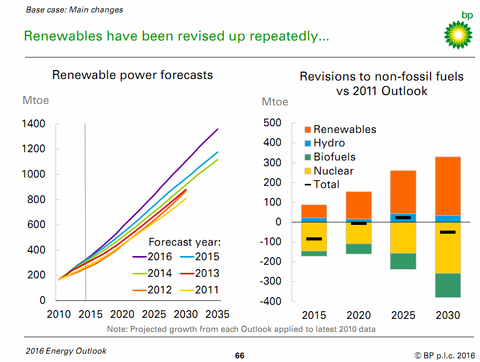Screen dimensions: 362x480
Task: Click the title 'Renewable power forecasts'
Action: pos(133,75)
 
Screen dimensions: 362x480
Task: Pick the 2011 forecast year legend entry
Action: pos(200,290)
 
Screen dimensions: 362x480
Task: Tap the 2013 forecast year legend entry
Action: pos(200,273)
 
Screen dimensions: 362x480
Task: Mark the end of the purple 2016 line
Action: pos(217,129)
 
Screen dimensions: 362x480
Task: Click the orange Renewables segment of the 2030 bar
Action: pos(448,186)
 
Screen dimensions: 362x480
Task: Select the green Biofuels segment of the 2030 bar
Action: pos(448,285)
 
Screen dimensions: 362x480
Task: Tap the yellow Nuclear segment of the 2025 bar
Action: pos(403,238)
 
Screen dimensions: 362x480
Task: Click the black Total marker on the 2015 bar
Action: pos(314,239)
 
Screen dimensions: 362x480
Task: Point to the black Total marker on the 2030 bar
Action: pos(448,232)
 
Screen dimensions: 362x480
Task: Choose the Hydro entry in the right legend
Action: pos(329,143)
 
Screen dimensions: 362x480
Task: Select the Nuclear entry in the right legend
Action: pos(333,171)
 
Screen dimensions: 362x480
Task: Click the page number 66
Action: pos(239,355)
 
